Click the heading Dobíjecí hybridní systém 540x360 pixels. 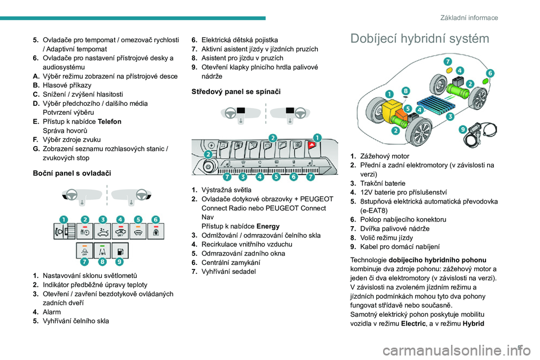tap(420, 39)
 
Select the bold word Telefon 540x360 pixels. tap(109, 121)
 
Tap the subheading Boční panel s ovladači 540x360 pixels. tap(73, 173)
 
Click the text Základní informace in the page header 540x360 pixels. tap(470, 17)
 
